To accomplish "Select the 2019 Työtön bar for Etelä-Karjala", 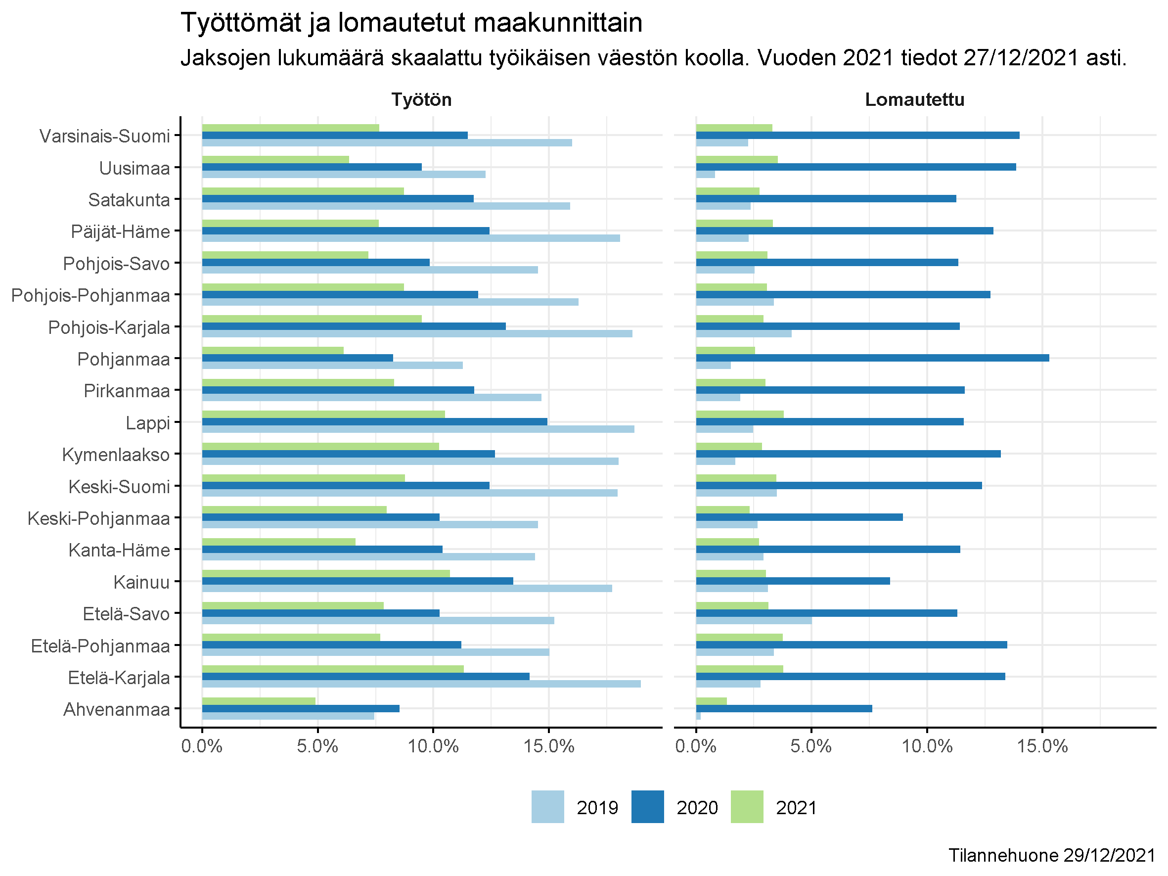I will (x=421, y=684).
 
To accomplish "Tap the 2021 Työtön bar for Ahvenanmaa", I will (x=259, y=701).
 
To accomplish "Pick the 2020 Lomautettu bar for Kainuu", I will (x=793, y=581).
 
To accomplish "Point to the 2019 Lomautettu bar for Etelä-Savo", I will (x=754, y=620).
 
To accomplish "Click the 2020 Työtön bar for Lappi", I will (x=374, y=422).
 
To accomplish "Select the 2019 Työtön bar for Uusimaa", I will (x=343, y=174).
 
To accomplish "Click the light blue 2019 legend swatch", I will (x=547, y=807).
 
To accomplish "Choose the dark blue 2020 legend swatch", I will (x=647, y=807).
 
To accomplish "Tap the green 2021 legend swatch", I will (x=747, y=807).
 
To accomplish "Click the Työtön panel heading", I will (x=421, y=100).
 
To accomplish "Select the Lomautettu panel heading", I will (x=914, y=100).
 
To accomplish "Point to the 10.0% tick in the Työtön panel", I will (x=433, y=746).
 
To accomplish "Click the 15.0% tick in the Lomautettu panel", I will (x=1042, y=746).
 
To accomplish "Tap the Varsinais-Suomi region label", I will (x=104, y=136).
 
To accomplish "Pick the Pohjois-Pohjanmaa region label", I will (x=91, y=295).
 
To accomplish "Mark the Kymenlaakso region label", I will (x=116, y=455).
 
